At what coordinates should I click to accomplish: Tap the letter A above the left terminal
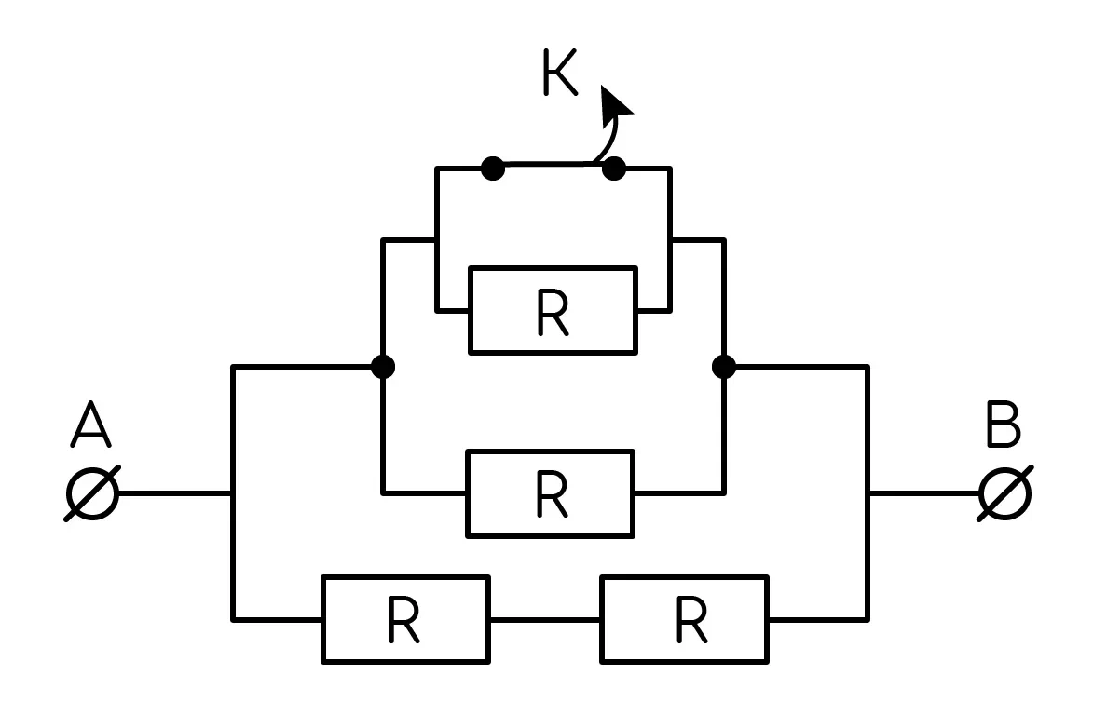pos(91,425)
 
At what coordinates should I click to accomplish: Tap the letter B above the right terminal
pos(1004,425)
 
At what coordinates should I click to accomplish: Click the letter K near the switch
pos(561,72)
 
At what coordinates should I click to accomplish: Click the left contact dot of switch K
pos(493,169)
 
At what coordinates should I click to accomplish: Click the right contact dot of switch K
pos(613,169)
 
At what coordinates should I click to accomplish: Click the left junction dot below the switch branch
pos(383,367)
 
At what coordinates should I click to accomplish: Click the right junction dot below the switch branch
pos(724,367)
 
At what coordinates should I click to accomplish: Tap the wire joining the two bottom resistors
pos(545,620)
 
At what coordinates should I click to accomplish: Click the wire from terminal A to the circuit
pos(175,493)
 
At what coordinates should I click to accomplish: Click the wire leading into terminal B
pos(924,493)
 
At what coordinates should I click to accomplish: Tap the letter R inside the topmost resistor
pos(553,313)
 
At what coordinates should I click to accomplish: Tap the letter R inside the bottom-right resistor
pos(691,621)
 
